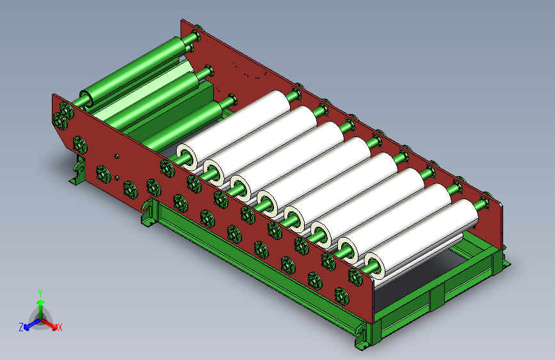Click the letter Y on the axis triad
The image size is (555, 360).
(40, 293)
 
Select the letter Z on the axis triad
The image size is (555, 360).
(21, 327)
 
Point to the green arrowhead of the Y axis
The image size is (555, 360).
(41, 303)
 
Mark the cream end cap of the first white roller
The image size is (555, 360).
(186, 156)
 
